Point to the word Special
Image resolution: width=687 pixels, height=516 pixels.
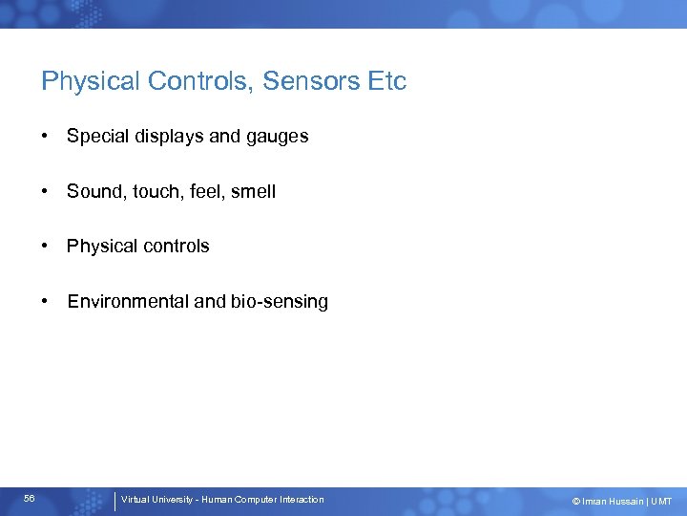[97, 137]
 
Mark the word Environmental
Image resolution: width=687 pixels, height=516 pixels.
[128, 302]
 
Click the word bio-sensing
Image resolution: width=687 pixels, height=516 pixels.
[280, 302]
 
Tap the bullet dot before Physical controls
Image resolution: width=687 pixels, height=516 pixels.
[46, 247]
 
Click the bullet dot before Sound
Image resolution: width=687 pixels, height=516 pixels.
[46, 192]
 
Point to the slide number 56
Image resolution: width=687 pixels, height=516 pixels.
[30, 499]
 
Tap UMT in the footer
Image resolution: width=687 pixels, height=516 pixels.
[661, 501]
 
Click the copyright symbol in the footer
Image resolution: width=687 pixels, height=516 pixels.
[575, 501]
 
